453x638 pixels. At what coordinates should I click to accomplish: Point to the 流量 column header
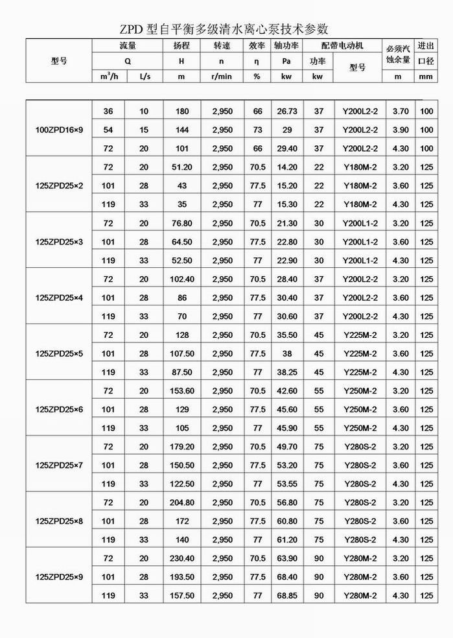pyautogui.click(x=127, y=46)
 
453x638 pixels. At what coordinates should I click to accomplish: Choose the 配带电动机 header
pyautogui.click(x=343, y=46)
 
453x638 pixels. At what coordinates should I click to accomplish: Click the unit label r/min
pyautogui.click(x=222, y=77)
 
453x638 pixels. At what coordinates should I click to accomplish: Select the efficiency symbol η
pyautogui.click(x=257, y=61)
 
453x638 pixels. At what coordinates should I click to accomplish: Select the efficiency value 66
pyautogui.click(x=257, y=112)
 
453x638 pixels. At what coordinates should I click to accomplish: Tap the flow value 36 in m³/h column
pyautogui.click(x=108, y=112)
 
